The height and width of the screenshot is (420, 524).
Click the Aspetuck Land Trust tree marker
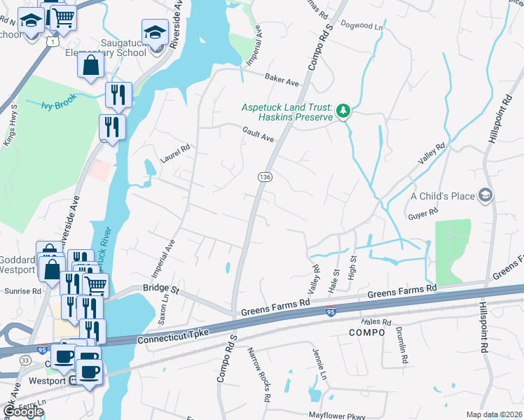(x=343, y=110)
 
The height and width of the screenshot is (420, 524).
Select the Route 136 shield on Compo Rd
(x=265, y=178)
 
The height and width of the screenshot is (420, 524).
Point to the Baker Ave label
(x=282, y=80)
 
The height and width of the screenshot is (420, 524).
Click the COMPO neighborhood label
(x=366, y=332)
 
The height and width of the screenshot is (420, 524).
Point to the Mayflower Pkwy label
(x=337, y=414)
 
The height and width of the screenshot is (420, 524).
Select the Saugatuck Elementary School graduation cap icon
(x=155, y=31)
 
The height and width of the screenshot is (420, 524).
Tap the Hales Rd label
(x=376, y=321)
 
